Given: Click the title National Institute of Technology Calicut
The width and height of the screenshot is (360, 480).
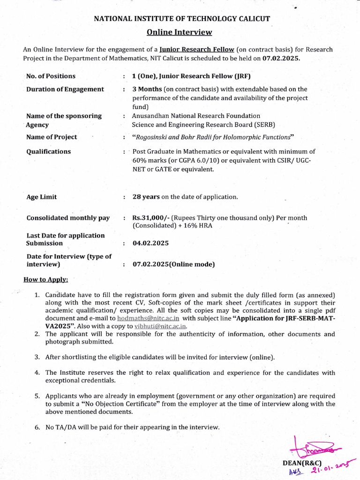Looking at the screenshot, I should [182, 19].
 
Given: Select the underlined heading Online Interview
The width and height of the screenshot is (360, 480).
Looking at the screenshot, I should [179, 32].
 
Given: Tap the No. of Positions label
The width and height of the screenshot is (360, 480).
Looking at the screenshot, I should [51, 76].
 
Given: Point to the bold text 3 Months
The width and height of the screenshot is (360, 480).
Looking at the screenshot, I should [147, 89].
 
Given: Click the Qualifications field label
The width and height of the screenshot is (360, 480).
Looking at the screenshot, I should [49, 151].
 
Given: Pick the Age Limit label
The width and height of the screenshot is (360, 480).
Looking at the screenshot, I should [42, 197].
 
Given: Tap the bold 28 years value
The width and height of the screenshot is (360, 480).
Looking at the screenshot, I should [146, 197].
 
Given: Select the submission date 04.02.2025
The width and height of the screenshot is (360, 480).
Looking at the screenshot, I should [150, 243].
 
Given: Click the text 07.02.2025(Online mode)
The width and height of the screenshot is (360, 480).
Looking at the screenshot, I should [173, 264].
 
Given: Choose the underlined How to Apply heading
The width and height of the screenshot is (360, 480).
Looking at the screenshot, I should [45, 280].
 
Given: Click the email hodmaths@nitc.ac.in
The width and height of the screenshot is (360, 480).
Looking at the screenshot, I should [148, 318].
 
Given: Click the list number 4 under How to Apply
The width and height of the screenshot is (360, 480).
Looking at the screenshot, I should [37, 373].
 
